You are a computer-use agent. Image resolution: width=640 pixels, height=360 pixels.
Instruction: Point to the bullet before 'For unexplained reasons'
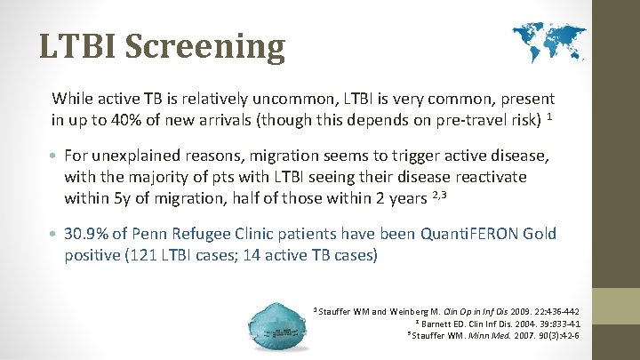(x=56, y=157)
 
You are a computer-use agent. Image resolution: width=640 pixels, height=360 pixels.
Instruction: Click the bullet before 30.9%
(x=56, y=235)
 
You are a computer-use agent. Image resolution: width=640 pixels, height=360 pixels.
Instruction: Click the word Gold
(x=539, y=234)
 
